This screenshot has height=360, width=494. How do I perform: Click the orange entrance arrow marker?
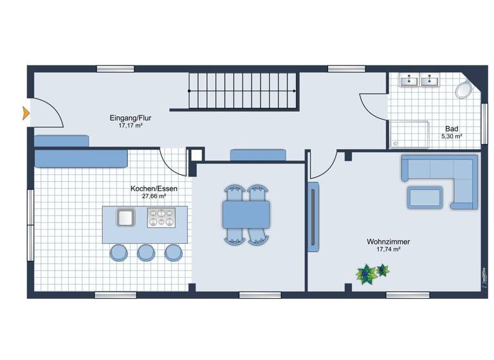coord(26,113)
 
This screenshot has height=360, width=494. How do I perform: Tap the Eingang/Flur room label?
coord(130,118)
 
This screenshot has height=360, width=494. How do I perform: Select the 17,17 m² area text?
coord(130,126)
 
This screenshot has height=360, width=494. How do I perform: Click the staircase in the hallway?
coord(242,91)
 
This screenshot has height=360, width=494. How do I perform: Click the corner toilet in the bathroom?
coord(464,90)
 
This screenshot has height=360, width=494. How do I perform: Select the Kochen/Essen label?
coord(154,188)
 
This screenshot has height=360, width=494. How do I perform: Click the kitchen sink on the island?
coord(125,217)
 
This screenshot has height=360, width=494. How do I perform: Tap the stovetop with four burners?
coord(160,218)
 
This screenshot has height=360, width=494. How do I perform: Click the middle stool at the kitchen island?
coord(146,252)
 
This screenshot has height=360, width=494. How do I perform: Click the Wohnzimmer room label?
coord(389,242)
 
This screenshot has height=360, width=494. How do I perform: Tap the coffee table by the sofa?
coord(425,197)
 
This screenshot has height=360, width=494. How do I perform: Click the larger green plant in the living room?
coord(366,274)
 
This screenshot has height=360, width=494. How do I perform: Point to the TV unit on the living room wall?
coord(313,217)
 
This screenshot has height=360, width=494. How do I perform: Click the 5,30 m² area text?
coord(452,136)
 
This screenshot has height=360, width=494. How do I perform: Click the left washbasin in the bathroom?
coord(408,81)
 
